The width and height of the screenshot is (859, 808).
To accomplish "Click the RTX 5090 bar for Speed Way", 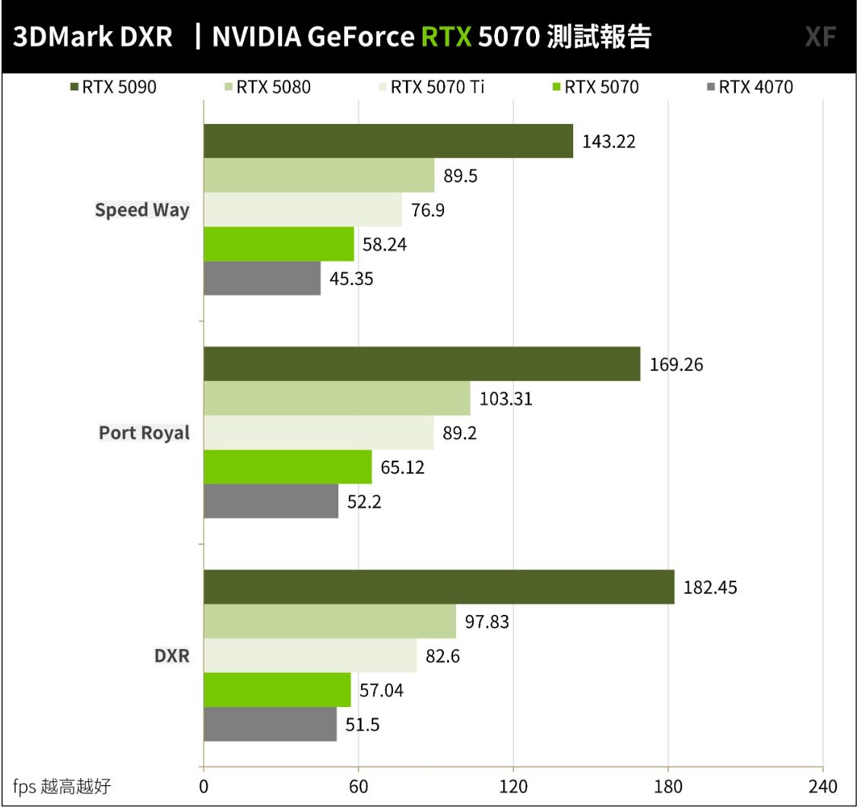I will coord(388,141).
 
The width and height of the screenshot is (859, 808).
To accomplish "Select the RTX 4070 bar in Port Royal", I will coord(271,502).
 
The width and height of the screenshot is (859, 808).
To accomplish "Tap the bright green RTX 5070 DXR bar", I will coord(277,690).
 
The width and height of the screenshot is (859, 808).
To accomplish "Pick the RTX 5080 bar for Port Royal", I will coord(337,398).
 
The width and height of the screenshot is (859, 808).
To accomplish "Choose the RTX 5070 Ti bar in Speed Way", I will coord(303,210).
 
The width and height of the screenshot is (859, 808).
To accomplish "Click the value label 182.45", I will coord(711,588).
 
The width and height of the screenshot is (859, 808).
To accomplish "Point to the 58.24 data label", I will coord(385,245).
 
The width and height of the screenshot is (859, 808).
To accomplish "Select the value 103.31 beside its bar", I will coord(506,399).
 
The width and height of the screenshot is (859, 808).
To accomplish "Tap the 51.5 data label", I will coord(363,725).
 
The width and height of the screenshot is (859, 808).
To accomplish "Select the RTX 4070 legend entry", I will coord(749,87).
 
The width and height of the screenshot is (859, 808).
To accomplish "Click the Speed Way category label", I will coord(142,211).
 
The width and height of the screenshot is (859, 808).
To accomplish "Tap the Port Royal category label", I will coord(144,433).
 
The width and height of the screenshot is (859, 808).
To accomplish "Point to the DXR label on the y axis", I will coord(173,656).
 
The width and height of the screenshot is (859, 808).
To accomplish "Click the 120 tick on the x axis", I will coord(513,786).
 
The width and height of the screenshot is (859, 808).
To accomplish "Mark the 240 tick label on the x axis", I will coord(823,786).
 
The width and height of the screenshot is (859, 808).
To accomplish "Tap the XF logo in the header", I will coord(820,37).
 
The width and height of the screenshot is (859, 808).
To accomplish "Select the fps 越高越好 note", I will coord(62,786).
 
